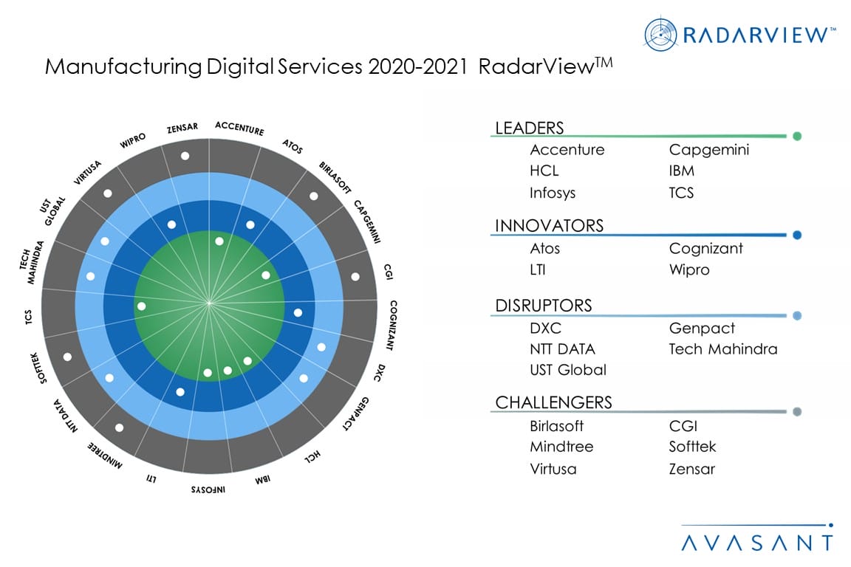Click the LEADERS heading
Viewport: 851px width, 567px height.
[529, 128]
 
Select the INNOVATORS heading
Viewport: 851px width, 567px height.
[549, 226]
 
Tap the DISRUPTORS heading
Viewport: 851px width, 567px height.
[544, 306]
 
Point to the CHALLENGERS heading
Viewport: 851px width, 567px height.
[553, 402]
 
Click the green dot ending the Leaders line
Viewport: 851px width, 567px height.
[797, 136]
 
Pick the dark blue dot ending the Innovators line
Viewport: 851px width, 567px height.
[797, 236]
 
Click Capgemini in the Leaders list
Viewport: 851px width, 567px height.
[708, 150]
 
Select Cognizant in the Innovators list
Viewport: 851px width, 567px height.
[705, 249]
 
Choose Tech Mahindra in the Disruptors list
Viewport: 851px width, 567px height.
[722, 349]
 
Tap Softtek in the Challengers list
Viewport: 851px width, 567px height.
[692, 447]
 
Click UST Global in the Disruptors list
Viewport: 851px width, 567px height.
[567, 370]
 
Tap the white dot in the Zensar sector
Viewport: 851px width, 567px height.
[185, 156]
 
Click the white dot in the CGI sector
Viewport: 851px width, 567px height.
[355, 277]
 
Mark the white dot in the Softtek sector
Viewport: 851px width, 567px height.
[68, 357]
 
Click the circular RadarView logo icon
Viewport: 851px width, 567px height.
[661, 34]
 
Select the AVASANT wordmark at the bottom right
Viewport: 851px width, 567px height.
[756, 543]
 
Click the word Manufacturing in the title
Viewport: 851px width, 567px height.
[123, 66]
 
